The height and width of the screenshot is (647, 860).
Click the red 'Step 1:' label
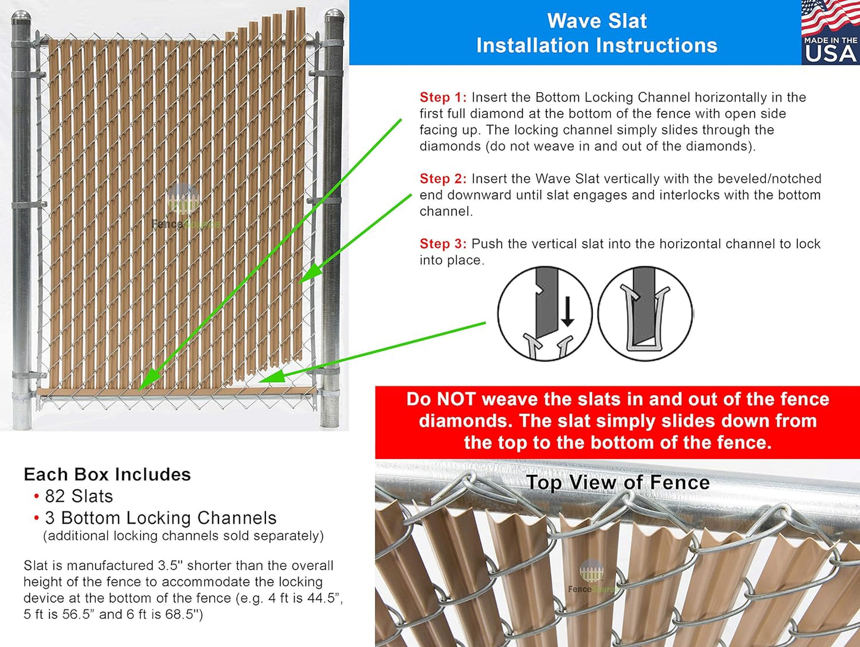click(x=442, y=98)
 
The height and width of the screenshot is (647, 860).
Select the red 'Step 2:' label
click(x=442, y=179)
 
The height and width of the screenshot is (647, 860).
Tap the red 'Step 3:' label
click(x=442, y=244)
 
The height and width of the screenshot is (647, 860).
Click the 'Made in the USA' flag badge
click(x=830, y=32)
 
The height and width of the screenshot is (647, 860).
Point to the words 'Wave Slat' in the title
click(x=596, y=21)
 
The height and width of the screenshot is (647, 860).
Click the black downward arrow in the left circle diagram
click(x=567, y=311)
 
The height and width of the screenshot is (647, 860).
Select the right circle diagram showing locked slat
click(x=645, y=314)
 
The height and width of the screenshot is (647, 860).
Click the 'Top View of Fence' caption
click(x=618, y=482)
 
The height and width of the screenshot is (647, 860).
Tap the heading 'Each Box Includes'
click(x=107, y=474)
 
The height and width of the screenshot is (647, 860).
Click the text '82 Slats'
click(x=79, y=496)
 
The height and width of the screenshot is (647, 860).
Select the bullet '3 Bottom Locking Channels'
click(x=160, y=518)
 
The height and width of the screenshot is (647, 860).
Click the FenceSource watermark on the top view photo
click(x=591, y=578)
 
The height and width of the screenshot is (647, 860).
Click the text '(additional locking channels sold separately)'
click(x=183, y=536)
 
